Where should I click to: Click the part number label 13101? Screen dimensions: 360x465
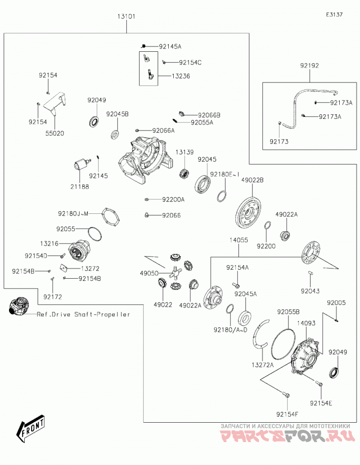[126, 16]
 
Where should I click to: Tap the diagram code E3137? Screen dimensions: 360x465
[334, 14]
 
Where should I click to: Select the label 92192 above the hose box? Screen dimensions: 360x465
[309, 66]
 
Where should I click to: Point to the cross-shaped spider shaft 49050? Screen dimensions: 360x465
[175, 272]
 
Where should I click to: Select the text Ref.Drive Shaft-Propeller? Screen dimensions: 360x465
[83, 314]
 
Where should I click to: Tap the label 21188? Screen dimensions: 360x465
[80, 187]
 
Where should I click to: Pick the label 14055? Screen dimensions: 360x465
[238, 240]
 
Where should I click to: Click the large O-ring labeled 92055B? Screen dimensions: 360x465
[283, 342]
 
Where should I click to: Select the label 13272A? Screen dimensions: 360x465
[262, 365]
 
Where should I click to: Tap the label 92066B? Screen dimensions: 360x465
[209, 115]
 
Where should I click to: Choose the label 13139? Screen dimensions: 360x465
[184, 152]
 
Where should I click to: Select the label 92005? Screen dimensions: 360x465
[336, 303]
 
